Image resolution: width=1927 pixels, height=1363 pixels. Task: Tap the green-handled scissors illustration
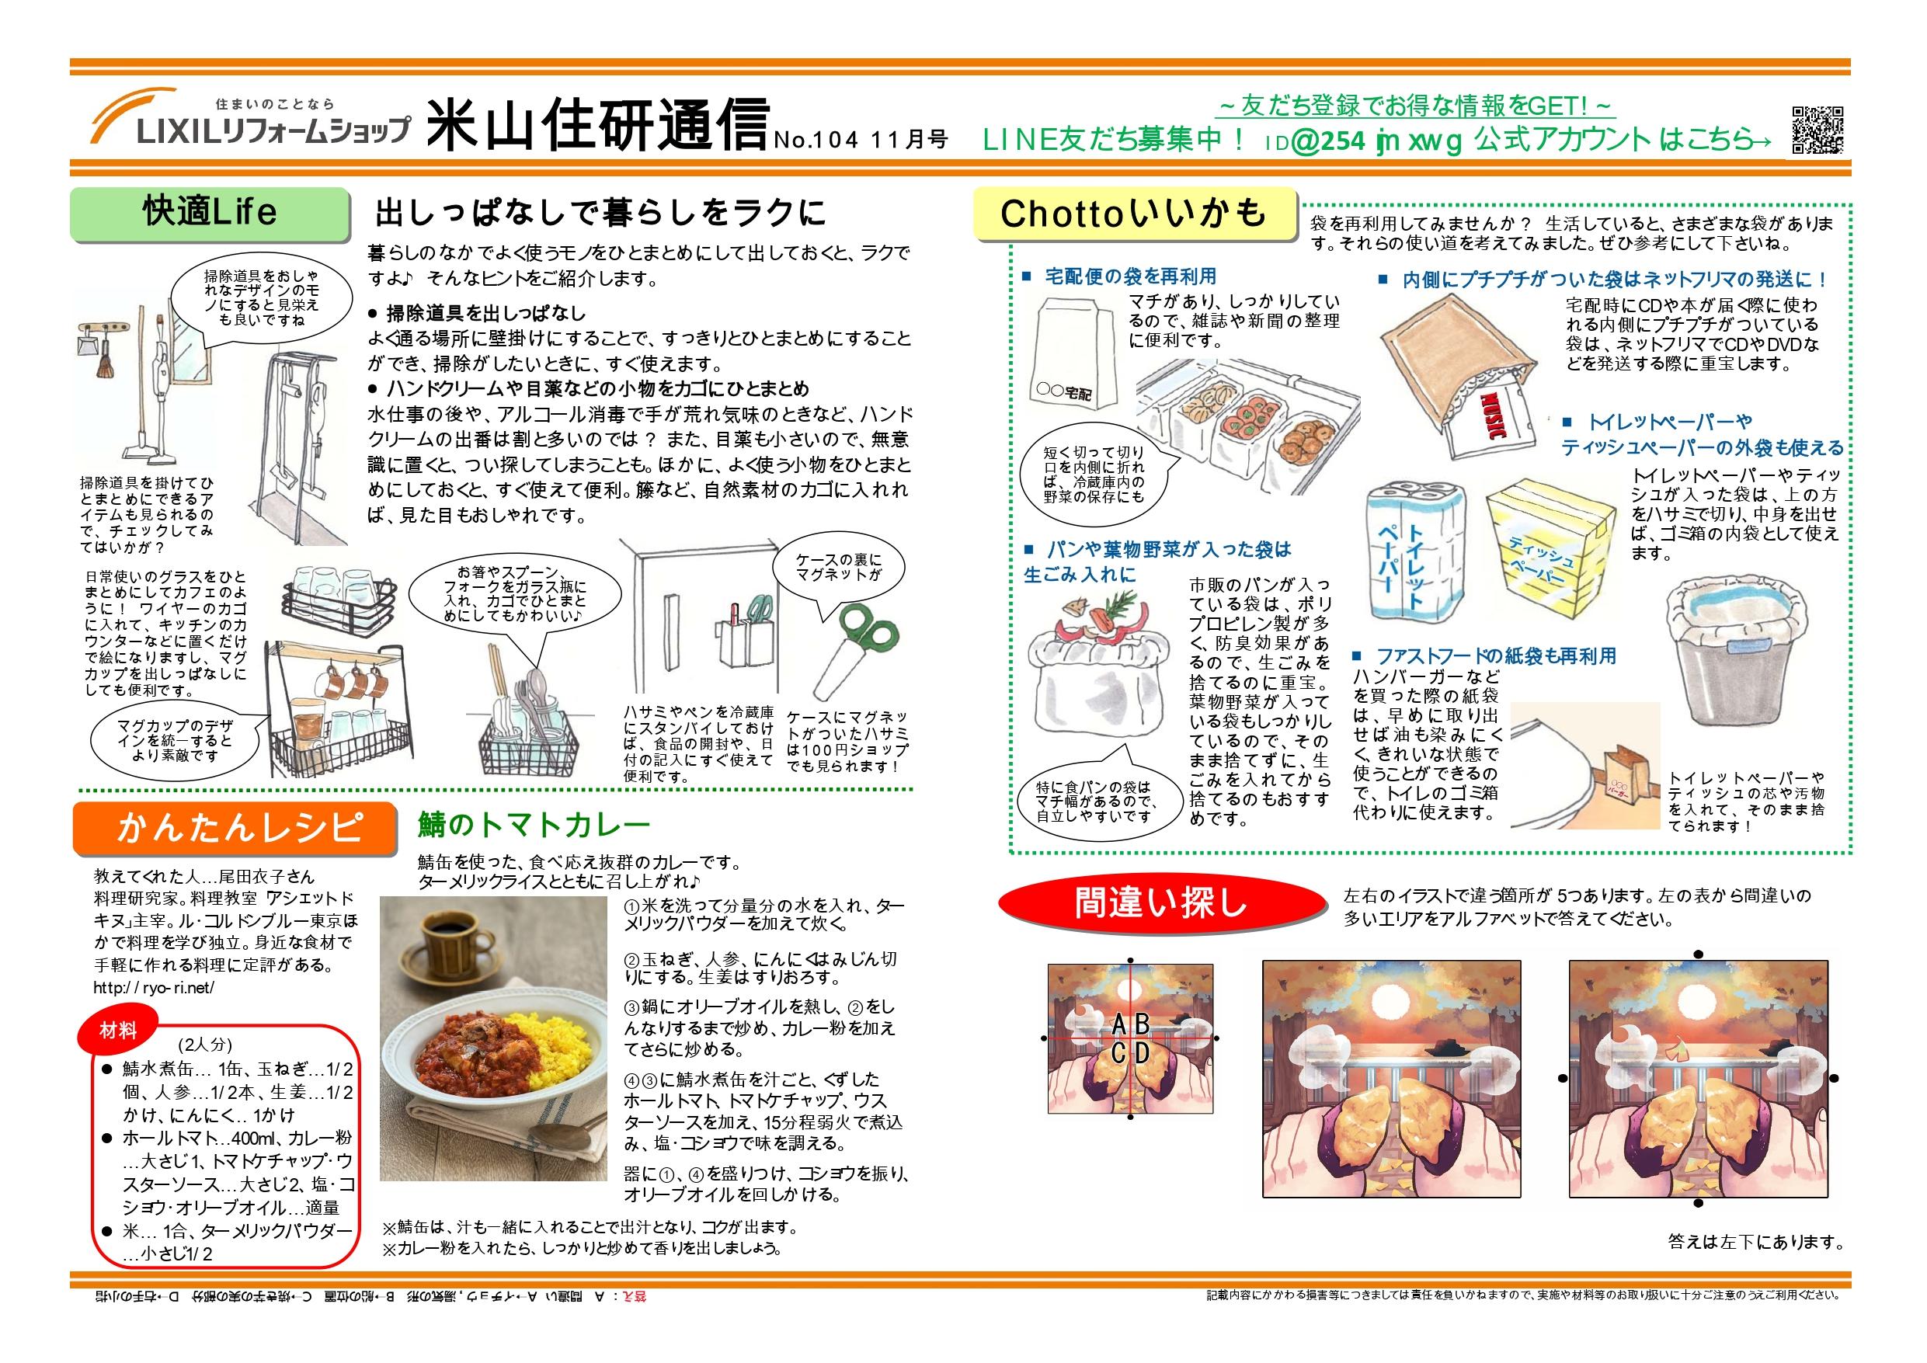click(x=855, y=647)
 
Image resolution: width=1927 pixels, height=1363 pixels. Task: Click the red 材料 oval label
click(x=118, y=1031)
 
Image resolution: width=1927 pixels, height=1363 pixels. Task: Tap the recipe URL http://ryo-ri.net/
click(x=154, y=988)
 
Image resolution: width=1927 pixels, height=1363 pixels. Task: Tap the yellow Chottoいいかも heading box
click(x=1132, y=214)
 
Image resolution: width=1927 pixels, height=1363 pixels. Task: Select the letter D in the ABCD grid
click(x=1142, y=1052)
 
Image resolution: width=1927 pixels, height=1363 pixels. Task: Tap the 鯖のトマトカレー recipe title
click(x=534, y=826)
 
